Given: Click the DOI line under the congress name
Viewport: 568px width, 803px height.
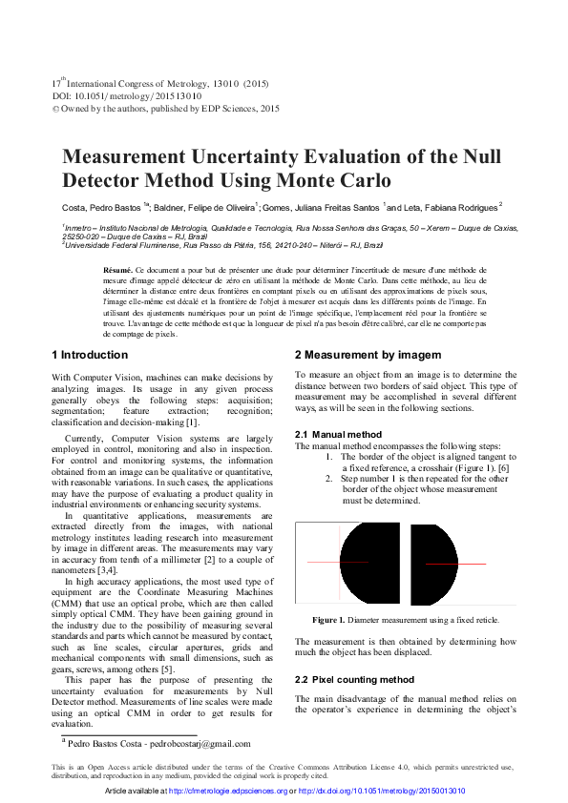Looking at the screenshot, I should [x=126, y=96].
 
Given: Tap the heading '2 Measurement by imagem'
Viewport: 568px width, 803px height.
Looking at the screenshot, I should [x=368, y=355].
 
